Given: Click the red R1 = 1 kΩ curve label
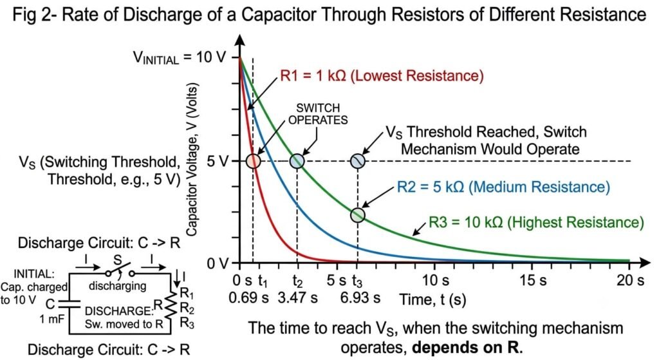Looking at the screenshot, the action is pos(382,76).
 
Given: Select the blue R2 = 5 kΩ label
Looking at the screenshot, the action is pos(503,187).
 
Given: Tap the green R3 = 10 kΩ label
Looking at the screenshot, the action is pos(536,222).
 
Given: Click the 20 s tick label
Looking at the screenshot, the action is pos(630,280).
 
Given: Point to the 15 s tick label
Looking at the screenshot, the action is pos(533,280).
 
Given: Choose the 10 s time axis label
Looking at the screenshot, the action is pos(436,280).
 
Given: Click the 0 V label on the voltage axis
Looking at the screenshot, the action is pos(218,264).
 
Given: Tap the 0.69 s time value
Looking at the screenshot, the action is pos(248,298).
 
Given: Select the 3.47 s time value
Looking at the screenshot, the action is pos(297,298).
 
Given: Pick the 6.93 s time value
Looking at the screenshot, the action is pos(360,298).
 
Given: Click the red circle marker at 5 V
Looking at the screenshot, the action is pos(253,161).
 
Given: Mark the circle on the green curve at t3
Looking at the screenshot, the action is pos(358,215).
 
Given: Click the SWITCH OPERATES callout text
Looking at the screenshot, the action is pos(318,114).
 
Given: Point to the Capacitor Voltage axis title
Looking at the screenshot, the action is pos(191,159).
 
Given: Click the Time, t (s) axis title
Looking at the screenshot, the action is pos(432,299).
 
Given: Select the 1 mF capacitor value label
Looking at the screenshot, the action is pos(52,319).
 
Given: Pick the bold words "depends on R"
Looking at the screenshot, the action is pos(466,348).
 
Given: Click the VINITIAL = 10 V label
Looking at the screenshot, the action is pos(180,57).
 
